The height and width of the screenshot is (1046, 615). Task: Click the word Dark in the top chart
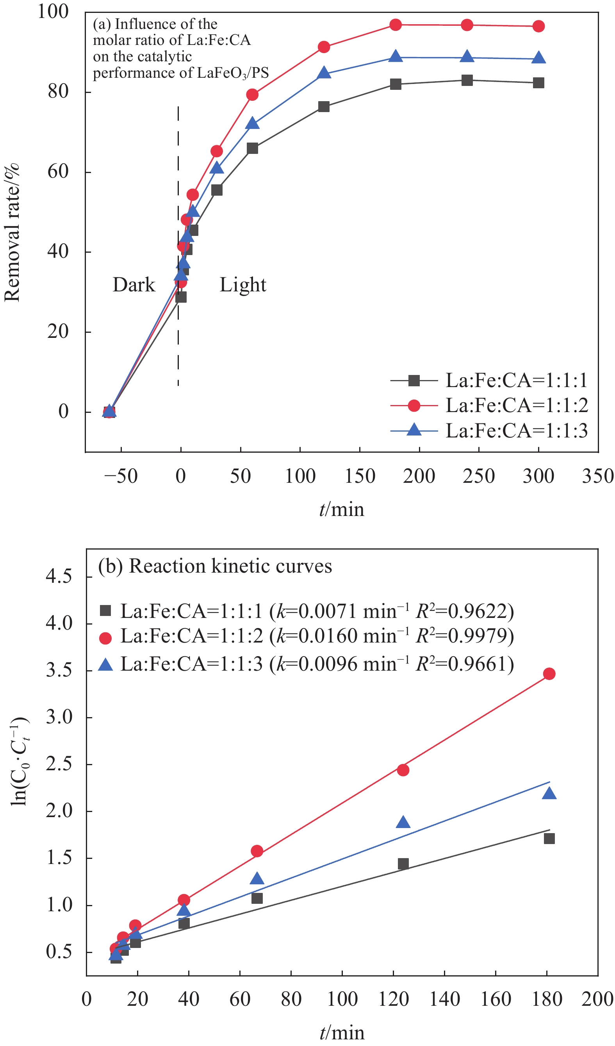[134, 285]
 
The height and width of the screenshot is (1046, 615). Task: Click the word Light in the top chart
[243, 285]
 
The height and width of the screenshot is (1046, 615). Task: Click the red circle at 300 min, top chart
[538, 27]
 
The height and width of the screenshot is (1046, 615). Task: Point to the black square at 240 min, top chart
[467, 80]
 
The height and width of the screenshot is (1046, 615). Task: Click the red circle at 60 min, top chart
[252, 95]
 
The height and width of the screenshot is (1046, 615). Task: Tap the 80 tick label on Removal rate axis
[58, 91]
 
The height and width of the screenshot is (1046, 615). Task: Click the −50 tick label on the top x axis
[121, 476]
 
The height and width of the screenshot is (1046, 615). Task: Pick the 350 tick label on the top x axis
[597, 476]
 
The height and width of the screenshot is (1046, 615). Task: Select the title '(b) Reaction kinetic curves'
[215, 566]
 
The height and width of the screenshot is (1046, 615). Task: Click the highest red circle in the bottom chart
[549, 674]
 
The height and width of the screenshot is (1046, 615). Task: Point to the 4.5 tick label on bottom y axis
[59, 577]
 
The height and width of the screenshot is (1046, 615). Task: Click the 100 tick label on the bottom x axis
[342, 999]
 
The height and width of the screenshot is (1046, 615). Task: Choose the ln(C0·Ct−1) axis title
[19, 761]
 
